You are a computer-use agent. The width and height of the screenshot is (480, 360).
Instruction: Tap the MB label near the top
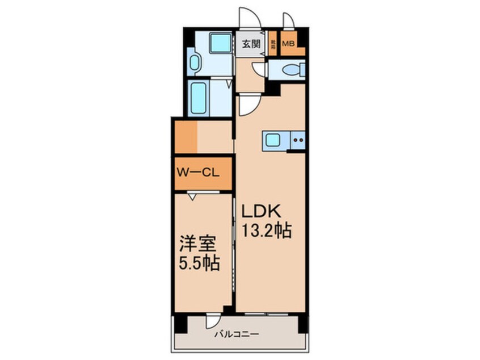(x=288, y=43)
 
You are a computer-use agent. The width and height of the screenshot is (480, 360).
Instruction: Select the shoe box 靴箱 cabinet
(x=273, y=43)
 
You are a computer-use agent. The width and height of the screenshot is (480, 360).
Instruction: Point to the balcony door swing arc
(x=213, y=321)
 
